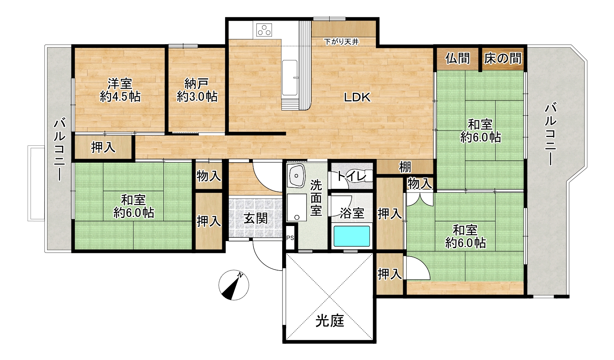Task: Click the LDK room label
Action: pyautogui.click(x=357, y=97)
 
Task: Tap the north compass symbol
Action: pyautogui.click(x=234, y=285)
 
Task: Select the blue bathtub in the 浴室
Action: pyautogui.click(x=351, y=236)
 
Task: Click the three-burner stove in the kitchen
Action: pyautogui.click(x=264, y=30)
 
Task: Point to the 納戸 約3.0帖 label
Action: pyautogui.click(x=197, y=90)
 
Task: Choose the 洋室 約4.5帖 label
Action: pyautogui.click(x=120, y=90)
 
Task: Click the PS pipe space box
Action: pyautogui.click(x=290, y=238)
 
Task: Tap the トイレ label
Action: pyautogui.click(x=351, y=176)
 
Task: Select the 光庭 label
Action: pyautogui.click(x=330, y=321)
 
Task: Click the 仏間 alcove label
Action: pyautogui.click(x=457, y=59)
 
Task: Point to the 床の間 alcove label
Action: pyautogui.click(x=503, y=59)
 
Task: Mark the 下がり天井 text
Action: pyautogui.click(x=341, y=42)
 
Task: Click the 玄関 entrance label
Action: pyautogui.click(x=256, y=219)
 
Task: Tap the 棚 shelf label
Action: pyautogui.click(x=405, y=167)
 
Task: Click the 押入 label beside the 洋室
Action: pyautogui.click(x=103, y=147)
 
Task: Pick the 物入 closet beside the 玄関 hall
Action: pyautogui.click(x=209, y=176)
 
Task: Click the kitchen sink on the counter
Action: pyautogui.click(x=290, y=78)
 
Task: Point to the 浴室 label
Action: pyautogui.click(x=352, y=213)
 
